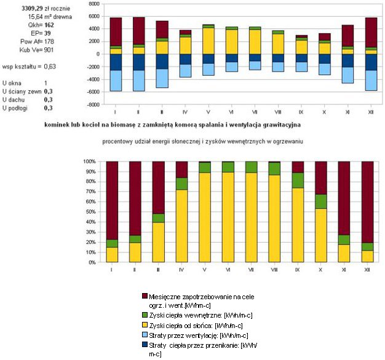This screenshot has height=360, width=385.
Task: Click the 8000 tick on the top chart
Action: tap(93, 3)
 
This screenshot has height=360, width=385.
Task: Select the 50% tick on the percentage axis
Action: tap(89, 212)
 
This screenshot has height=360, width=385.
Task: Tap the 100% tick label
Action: tap(88, 162)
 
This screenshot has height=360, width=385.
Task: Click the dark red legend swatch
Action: tap(145, 297)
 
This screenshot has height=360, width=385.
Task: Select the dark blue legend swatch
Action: tap(145, 346)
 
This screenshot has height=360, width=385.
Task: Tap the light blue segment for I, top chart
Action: tap(116, 80)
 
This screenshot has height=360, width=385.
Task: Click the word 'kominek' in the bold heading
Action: tap(58, 123)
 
